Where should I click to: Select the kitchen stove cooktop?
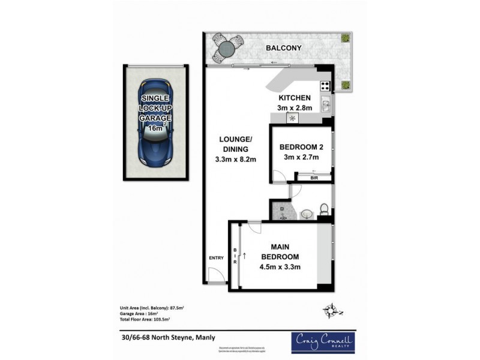325,85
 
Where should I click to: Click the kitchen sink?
325,106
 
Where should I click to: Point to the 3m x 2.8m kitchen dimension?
294,108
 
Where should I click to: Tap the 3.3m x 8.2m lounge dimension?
235,160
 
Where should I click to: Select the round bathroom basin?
307,212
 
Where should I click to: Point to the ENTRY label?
216,259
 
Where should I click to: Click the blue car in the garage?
155,123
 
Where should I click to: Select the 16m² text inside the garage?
155,128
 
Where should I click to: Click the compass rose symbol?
329,311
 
